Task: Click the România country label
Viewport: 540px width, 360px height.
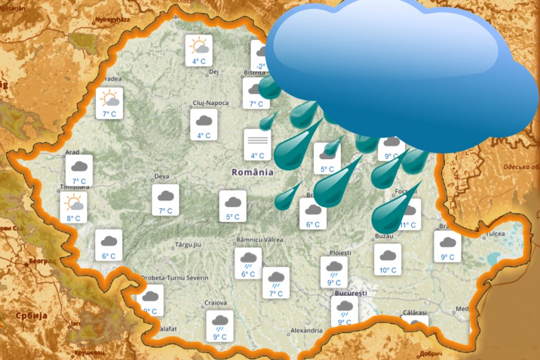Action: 253,172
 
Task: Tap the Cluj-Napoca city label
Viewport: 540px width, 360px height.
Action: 210,103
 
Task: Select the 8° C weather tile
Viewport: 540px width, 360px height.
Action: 73,208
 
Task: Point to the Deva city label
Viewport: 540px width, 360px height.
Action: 161,177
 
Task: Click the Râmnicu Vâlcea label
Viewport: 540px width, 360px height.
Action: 260,240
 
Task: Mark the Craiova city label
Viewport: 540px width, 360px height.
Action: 215,303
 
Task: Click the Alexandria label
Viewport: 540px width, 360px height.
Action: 306,331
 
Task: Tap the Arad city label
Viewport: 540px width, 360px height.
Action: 72,152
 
